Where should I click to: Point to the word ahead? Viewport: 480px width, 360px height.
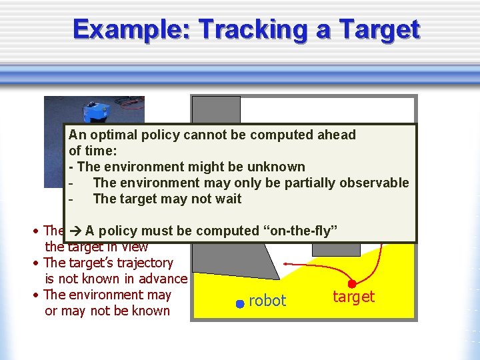(x=335, y=135)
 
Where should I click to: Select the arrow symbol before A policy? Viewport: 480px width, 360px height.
(x=74, y=231)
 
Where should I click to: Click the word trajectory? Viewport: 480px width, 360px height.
(x=143, y=263)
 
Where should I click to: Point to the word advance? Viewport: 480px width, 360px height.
(x=163, y=279)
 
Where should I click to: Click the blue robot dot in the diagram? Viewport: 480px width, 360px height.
(x=239, y=304)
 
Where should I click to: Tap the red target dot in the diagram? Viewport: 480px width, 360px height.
(x=352, y=284)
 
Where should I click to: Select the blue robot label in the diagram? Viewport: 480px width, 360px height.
(x=267, y=301)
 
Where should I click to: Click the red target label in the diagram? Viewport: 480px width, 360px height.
(x=353, y=297)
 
